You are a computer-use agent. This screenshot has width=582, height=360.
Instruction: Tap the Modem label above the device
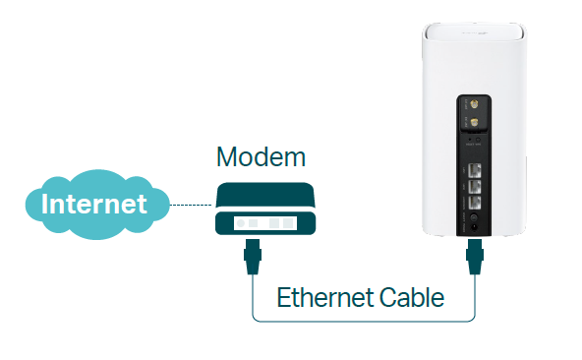pos(261,157)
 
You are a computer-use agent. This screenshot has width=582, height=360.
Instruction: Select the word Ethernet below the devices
pos(321,297)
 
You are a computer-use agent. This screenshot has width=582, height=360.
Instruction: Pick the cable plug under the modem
pos(253,260)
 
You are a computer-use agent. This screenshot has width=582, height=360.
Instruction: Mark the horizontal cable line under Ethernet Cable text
pos(364,320)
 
